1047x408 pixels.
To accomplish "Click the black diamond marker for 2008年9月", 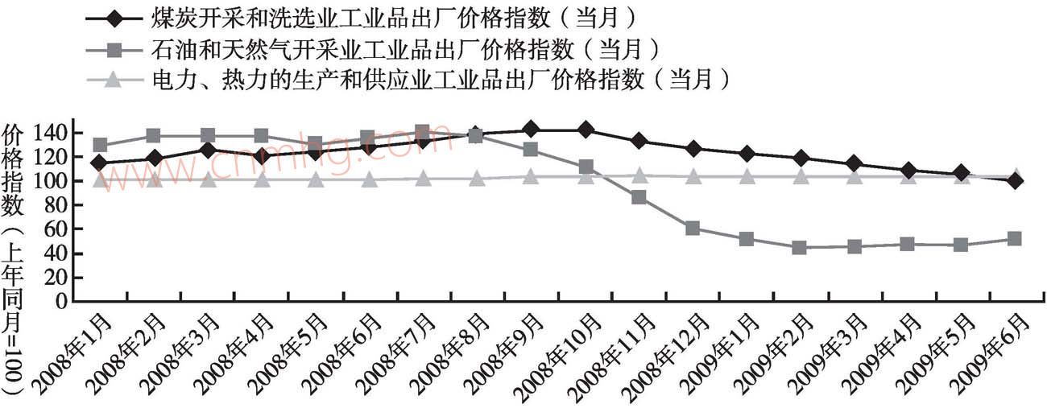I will point(531,129).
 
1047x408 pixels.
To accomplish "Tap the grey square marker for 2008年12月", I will point(693,229).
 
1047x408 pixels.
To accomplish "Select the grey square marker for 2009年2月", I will point(800,248).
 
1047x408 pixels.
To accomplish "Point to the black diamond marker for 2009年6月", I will point(1015,181).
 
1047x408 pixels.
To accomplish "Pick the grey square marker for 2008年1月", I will point(100,146).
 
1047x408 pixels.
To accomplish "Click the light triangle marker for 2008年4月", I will point(262,179).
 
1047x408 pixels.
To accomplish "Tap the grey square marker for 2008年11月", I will point(639,197).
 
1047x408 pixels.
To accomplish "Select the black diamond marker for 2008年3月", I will point(208,150).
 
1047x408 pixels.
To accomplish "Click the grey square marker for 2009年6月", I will point(1015,239).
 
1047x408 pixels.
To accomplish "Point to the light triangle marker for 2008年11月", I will point(639,175).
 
